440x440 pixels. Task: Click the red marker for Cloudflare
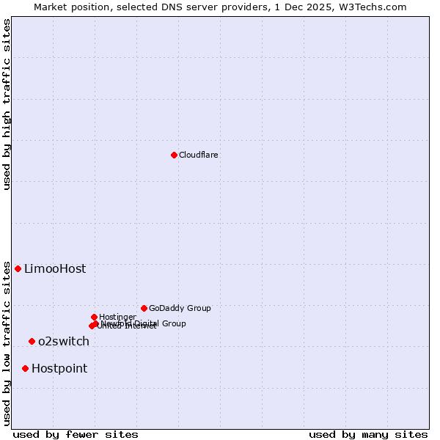coord(174,155)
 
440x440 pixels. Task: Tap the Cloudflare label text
coord(199,155)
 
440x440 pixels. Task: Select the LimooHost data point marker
coord(18,268)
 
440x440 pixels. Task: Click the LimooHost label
coord(55,269)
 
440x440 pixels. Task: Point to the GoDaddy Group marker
coord(144,308)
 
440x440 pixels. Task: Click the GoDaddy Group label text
coord(180,308)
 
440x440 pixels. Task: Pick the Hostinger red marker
coord(94,317)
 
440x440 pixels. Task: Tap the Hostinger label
coord(117,317)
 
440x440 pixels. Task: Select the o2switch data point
coord(32,341)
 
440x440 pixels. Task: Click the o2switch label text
coord(64,342)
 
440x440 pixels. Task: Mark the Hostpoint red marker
coord(25,368)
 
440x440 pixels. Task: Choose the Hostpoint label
coord(59,369)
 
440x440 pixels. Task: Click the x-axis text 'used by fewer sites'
coord(76,434)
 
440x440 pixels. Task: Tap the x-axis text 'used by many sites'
coord(368,434)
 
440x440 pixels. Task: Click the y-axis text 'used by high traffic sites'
coord(7,104)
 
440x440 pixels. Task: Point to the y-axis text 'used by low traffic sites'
coord(7,343)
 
